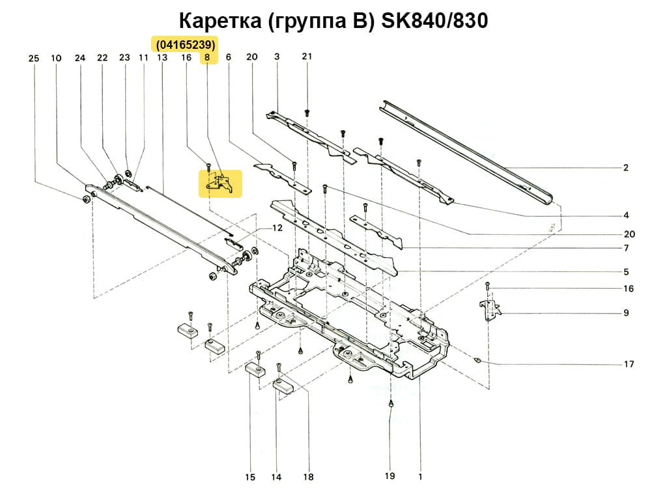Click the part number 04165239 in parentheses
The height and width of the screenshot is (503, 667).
click(185, 44)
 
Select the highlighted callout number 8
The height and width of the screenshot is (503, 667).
click(207, 58)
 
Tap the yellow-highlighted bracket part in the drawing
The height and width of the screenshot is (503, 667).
click(220, 184)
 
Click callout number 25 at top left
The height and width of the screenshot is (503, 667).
click(34, 59)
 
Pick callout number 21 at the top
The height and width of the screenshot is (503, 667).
click(307, 57)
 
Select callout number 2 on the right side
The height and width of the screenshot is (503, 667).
click(625, 168)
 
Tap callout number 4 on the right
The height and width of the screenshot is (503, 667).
click(625, 215)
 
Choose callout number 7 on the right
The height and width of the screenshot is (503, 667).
click(625, 248)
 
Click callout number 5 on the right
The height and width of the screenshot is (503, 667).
click(625, 271)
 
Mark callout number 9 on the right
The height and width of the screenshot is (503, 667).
click(625, 313)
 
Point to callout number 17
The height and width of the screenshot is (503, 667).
click(629, 364)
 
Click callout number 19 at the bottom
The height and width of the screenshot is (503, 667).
click(390, 476)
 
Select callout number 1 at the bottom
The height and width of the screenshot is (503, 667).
click(420, 476)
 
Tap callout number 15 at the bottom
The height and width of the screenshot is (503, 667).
click(250, 478)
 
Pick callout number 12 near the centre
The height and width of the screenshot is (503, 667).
click(277, 228)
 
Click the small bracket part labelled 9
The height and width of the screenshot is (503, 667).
click(489, 309)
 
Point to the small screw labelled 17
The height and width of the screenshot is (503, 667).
click(479, 359)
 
